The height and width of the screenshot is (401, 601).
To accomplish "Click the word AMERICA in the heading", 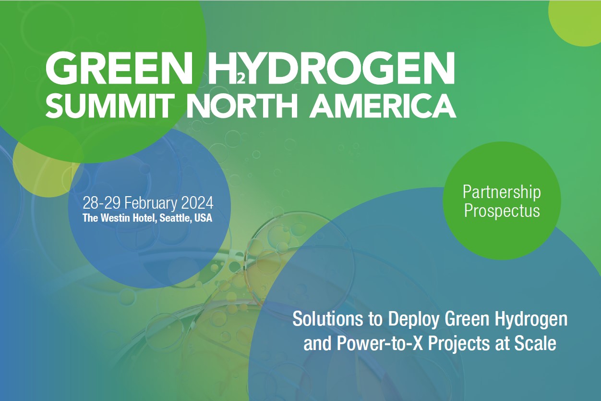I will point(382,106).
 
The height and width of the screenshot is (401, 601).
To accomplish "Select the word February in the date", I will point(151,201).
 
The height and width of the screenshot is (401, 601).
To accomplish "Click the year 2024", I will point(198,201).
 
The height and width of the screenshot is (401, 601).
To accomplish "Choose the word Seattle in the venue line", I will point(175,218).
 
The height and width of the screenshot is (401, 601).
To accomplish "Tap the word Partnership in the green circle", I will point(502,192).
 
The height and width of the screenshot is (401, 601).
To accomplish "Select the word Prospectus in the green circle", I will point(502,211).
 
